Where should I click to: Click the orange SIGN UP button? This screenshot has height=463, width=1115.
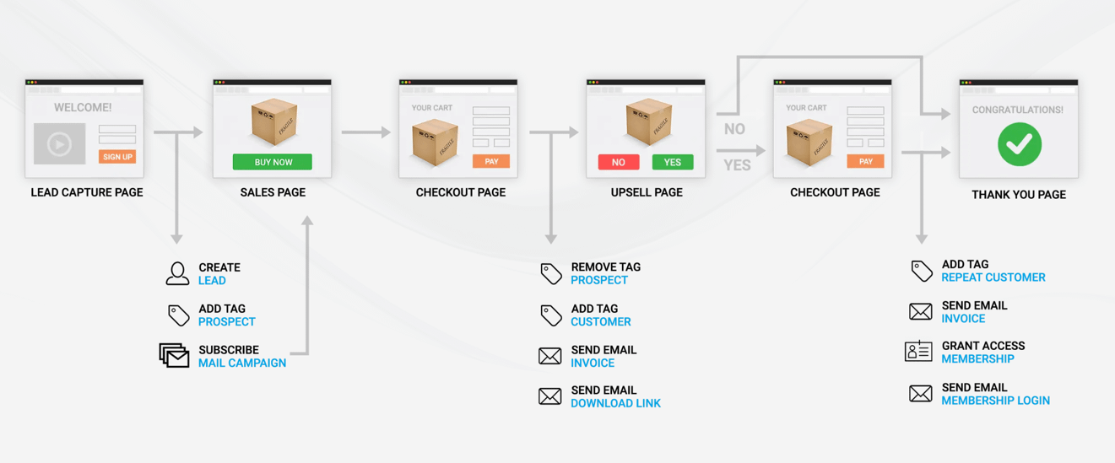click(117, 157)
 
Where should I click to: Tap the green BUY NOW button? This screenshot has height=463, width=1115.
click(273, 162)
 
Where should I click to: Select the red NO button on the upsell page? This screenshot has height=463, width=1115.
click(619, 162)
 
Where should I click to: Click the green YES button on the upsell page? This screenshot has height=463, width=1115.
click(673, 162)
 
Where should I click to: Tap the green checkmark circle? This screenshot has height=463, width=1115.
click(1020, 144)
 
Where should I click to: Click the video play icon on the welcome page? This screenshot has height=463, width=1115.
click(59, 144)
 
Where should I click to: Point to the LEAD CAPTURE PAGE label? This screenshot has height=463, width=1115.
click(87, 192)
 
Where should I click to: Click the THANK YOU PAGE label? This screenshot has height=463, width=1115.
click(1019, 195)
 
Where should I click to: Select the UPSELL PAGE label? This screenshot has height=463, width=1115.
click(647, 192)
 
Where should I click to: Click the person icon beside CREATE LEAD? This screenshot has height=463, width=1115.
click(177, 273)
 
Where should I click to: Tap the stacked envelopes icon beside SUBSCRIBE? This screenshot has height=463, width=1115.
click(174, 355)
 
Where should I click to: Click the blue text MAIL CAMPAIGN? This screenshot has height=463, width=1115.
click(242, 363)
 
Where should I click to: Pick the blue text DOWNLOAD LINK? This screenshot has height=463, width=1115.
click(615, 403)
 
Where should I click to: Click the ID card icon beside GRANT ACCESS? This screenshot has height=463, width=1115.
click(918, 351)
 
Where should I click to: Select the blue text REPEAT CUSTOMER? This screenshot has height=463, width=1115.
click(993, 277)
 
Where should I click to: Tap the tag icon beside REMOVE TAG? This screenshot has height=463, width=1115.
click(551, 273)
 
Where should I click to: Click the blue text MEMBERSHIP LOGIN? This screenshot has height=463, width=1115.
click(995, 401)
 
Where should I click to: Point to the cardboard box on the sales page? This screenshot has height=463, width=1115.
click(274, 121)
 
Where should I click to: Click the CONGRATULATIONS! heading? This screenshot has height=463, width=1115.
click(1018, 110)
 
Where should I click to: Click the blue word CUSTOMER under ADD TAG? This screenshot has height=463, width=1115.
click(600, 322)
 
